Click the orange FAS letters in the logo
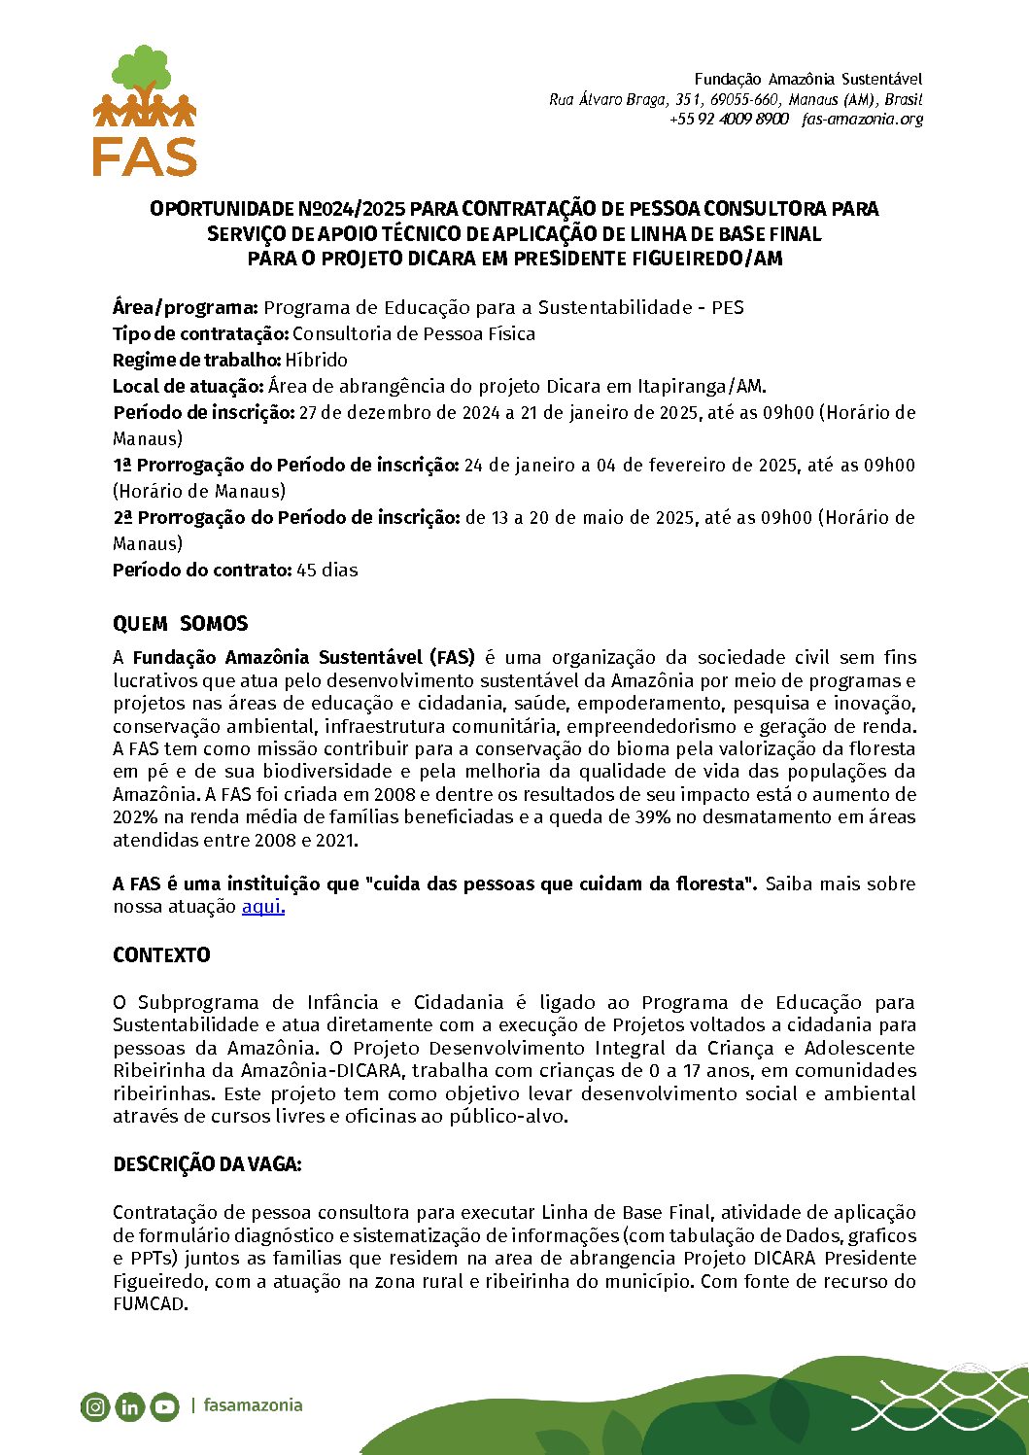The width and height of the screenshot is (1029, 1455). pos(144,156)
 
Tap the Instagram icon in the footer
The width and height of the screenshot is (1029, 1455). pos(95,1406)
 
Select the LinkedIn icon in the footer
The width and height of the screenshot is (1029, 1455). pos(129,1406)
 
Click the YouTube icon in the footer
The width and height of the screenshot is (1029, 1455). pos(164,1406)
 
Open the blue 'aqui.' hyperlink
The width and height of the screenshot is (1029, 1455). pos(262,907)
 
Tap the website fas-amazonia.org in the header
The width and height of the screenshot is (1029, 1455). pos(863,119)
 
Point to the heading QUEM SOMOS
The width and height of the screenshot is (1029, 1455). pos(181,624)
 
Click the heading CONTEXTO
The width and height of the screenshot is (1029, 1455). pos(161,955)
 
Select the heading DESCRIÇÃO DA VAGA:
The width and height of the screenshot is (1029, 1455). pos(207,1164)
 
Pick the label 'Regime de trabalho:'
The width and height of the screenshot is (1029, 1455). pos(197,360)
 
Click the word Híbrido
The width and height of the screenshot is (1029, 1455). pos(317,360)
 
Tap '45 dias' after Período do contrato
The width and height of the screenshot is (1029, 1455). pos(327,571)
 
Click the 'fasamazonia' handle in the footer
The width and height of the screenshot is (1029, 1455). pos(253,1405)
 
